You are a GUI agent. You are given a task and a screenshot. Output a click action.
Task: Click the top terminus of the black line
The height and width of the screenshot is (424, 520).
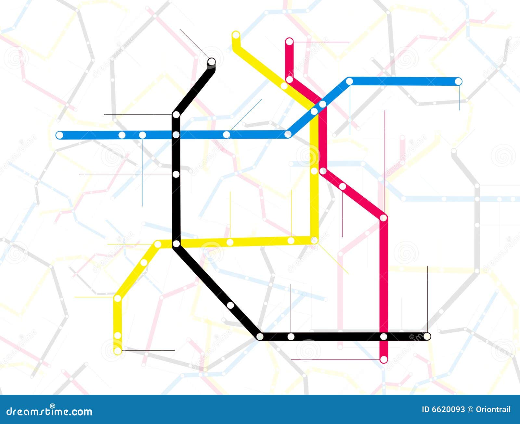[x=212, y=61]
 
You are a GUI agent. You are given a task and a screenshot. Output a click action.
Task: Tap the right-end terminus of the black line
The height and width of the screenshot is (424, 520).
[x=427, y=336]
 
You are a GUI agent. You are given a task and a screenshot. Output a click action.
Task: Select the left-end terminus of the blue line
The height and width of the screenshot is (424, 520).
[x=59, y=135]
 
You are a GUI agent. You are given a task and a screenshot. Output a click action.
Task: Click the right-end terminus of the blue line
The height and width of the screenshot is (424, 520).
[x=458, y=81]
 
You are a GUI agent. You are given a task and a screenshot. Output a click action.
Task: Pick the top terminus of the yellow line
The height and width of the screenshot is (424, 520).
[x=236, y=34]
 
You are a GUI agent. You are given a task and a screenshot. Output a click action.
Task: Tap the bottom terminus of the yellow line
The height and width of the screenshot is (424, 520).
[x=118, y=351]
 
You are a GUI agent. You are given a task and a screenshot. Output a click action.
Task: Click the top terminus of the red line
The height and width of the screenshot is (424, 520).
[x=289, y=42]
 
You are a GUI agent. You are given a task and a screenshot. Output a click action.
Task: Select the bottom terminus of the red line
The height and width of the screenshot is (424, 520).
[x=384, y=359]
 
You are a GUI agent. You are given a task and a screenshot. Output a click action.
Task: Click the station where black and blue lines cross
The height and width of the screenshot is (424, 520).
[x=176, y=135]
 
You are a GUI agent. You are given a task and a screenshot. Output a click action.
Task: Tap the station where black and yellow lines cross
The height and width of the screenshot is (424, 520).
[x=176, y=243]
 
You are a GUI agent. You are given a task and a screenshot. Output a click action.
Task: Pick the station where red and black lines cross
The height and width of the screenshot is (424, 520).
[x=384, y=337]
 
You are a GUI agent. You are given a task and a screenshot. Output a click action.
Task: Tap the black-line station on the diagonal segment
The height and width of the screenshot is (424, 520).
[x=230, y=305]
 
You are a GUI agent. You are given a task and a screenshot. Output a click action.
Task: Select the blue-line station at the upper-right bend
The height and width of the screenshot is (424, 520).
[x=349, y=81]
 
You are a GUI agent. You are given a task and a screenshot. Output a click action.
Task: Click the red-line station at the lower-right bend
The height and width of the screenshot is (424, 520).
[x=383, y=218]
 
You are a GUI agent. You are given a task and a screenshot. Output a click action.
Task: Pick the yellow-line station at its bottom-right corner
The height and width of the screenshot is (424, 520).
[x=314, y=240]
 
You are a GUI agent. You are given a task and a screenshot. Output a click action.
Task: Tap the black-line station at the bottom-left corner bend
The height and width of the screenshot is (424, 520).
[x=260, y=337]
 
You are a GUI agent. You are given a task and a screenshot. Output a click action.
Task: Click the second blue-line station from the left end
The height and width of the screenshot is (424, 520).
[x=122, y=135]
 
